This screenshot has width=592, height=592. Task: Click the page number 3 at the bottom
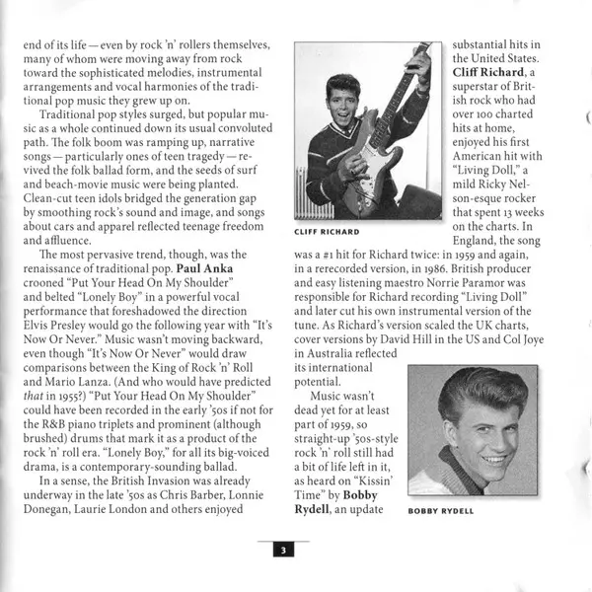click(279, 551)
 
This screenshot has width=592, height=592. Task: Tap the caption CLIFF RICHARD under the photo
click(328, 232)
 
